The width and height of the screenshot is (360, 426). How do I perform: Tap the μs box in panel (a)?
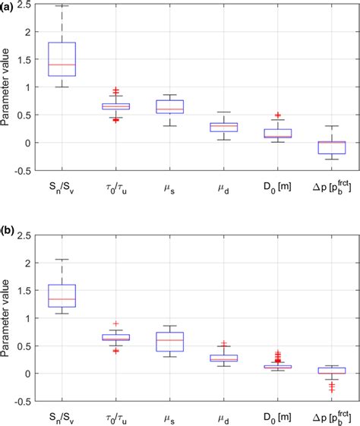(169, 106)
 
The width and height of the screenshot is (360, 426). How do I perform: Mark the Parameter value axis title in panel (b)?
(7, 319)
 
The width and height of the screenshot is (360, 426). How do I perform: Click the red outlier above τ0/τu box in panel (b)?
(115, 323)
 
